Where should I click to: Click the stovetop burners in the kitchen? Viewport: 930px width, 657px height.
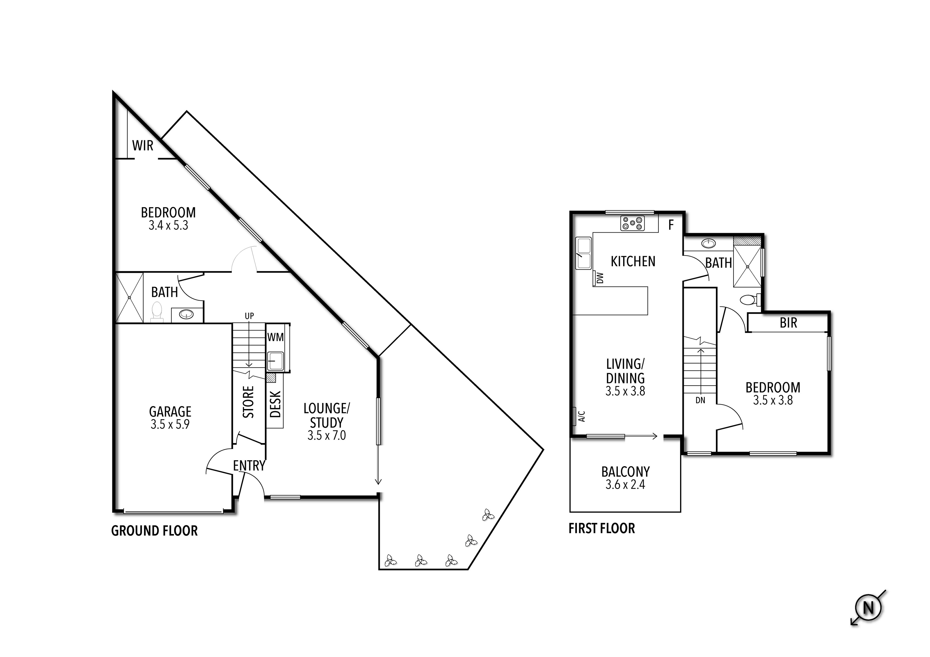[632, 223]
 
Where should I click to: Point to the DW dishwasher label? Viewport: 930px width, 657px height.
[600, 278]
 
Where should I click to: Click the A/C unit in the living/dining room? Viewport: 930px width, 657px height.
[576, 416]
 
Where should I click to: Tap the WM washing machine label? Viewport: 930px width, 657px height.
[275, 337]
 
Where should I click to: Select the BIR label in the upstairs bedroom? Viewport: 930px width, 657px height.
[788, 323]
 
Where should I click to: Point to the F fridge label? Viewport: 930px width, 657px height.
[671, 225]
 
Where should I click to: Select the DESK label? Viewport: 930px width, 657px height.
[275, 404]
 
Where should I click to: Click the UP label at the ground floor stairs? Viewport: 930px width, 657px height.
[249, 316]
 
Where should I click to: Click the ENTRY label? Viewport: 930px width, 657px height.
[249, 466]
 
